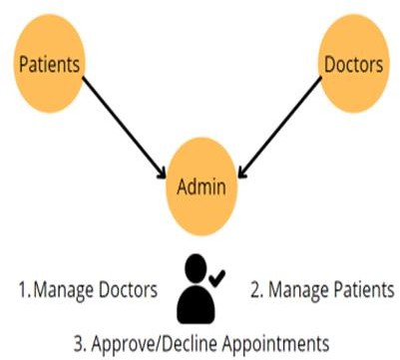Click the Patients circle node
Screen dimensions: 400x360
coord(49,64)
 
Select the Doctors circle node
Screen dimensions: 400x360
coord(353,64)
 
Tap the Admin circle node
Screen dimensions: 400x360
coord(201,186)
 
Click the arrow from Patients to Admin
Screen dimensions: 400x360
coord(124,128)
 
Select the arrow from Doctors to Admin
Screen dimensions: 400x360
coord(279,128)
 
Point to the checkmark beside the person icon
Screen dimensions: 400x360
coord(217,278)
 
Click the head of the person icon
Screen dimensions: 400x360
coord(196,267)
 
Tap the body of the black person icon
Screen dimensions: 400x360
coord(196,304)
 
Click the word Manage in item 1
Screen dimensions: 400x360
coord(63,290)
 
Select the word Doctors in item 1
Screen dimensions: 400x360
coord(129,289)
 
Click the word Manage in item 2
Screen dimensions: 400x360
coord(297,290)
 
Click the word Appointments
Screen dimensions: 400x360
coord(275,344)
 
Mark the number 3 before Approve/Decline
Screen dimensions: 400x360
coord(80,343)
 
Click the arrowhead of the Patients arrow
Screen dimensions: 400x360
coord(162,175)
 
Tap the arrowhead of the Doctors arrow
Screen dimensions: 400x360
coord(242,175)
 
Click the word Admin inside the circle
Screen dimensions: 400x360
coord(201,186)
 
